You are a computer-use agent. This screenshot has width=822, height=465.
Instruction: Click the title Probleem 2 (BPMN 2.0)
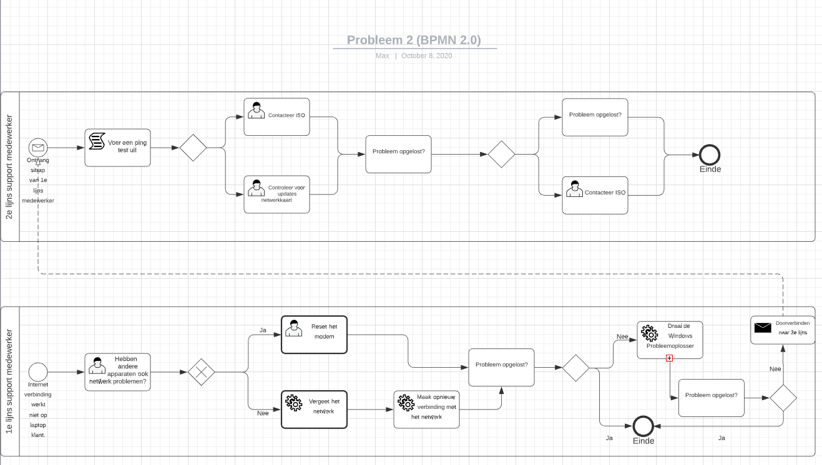414,40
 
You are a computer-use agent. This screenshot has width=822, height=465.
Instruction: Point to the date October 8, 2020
426,56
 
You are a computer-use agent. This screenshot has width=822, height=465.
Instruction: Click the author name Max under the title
382,56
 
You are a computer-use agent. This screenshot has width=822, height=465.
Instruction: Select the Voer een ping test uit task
118,148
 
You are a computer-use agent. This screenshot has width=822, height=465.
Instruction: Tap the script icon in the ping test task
97,141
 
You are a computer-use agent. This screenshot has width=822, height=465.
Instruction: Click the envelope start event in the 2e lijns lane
38,148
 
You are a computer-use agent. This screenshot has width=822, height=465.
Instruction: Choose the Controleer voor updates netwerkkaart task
276,194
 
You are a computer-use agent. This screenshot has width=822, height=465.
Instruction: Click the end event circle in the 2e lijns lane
710,154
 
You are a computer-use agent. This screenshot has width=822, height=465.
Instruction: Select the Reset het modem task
314,335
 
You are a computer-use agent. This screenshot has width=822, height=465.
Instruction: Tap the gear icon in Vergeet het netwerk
293,403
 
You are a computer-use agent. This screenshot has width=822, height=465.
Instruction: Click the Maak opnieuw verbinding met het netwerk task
426,410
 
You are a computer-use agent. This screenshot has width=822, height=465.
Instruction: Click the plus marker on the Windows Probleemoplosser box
669,358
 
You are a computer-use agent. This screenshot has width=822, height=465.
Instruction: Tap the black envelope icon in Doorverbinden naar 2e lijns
763,327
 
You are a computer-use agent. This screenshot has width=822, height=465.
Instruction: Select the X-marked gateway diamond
201,372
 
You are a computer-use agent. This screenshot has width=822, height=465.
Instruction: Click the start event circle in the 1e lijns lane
38,372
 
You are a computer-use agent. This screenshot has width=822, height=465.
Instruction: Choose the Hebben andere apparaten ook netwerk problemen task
118,372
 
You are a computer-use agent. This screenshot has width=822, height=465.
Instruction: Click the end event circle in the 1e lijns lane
643,426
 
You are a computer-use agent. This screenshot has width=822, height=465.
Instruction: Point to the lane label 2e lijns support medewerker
10,166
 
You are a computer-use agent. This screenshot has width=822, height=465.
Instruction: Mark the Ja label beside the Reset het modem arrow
263,330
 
